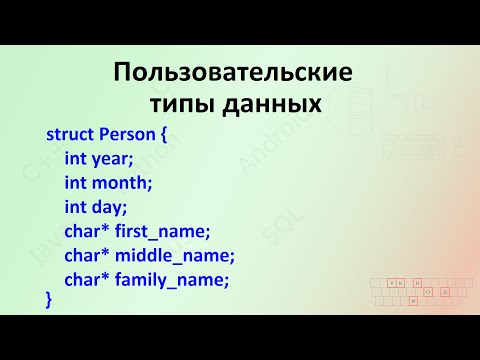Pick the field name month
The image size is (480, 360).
[122, 183]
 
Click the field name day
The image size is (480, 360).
[110, 207]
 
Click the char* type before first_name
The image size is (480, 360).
[87, 232]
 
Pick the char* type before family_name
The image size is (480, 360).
[87, 280]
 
